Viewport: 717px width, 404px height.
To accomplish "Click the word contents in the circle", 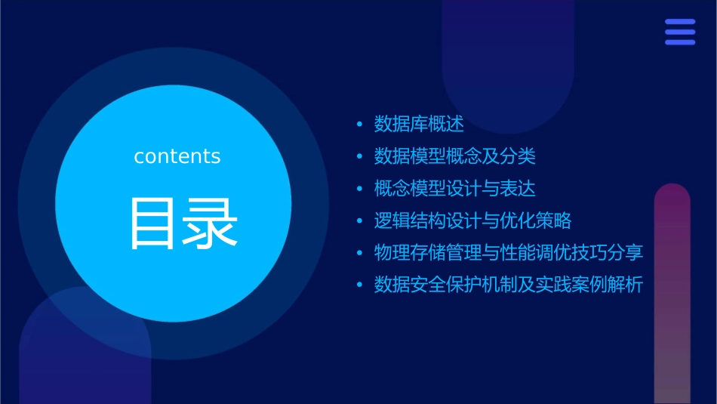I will click(177, 156).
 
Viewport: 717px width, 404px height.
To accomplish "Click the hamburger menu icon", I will click(680, 32).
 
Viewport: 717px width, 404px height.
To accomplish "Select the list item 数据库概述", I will click(419, 124).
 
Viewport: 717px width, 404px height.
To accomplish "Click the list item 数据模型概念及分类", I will click(455, 156).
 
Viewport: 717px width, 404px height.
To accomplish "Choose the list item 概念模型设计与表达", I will click(455, 189).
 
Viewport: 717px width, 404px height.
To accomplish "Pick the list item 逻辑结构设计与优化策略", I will click(473, 221).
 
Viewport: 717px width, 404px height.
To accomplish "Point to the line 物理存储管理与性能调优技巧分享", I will click(509, 253).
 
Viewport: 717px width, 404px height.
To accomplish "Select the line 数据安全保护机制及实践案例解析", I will click(509, 285).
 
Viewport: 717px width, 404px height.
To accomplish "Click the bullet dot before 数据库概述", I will click(359, 124).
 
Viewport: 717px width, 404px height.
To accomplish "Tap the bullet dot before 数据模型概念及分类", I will click(359, 156).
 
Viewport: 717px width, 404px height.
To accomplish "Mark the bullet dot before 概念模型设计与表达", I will click(359, 189).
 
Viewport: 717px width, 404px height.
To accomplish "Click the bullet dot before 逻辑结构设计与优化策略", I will click(359, 221).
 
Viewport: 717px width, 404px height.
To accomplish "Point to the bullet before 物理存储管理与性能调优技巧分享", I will click(359, 253).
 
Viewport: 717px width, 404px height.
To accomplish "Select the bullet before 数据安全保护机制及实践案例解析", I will click(359, 285).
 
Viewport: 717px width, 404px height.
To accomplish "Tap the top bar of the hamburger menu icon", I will click(680, 22).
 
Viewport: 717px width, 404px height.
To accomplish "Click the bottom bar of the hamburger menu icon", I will click(680, 42).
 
